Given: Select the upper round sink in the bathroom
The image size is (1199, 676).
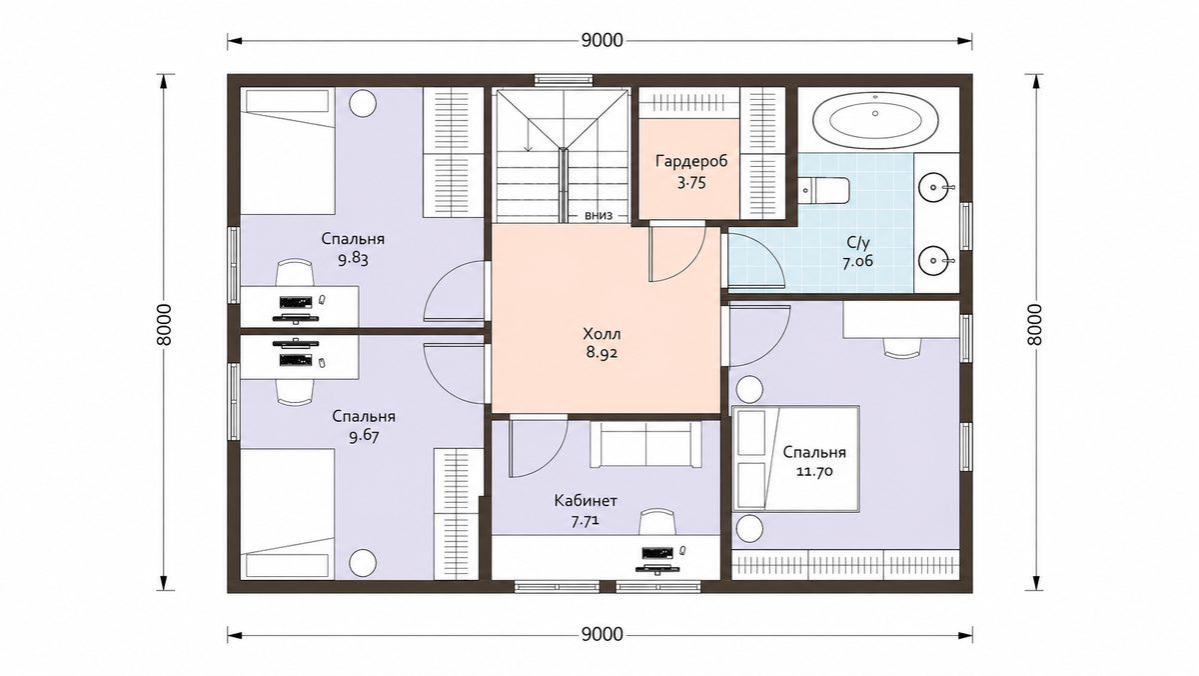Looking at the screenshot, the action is pyautogui.click(x=933, y=187).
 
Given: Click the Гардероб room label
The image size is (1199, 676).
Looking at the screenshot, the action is pyautogui.click(x=691, y=161).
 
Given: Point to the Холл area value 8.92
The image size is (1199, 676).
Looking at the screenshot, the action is pyautogui.click(x=601, y=353).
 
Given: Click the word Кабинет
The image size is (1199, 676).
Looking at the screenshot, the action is pyautogui.click(x=586, y=501).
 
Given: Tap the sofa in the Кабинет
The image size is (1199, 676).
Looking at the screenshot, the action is pyautogui.click(x=645, y=444).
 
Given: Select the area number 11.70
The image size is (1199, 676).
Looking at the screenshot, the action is pyautogui.click(x=814, y=472).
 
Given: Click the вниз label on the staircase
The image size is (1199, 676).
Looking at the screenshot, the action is pyautogui.click(x=599, y=215).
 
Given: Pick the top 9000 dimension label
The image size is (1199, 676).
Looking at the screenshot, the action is pyautogui.click(x=602, y=41).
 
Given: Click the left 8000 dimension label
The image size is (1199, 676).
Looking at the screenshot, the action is pyautogui.click(x=165, y=325).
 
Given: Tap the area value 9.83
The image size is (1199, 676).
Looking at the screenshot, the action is pyautogui.click(x=353, y=260).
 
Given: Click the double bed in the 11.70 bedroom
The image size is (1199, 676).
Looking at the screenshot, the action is pyautogui.click(x=795, y=459).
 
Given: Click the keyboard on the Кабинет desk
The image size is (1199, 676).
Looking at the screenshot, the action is pyautogui.click(x=656, y=552).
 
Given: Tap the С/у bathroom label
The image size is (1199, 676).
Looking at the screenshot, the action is pyautogui.click(x=858, y=243).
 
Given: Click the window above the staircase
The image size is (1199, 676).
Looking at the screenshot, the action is pyautogui.click(x=564, y=80).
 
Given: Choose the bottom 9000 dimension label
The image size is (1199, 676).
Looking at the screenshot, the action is pyautogui.click(x=602, y=635).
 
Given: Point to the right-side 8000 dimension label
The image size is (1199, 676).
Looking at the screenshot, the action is pyautogui.click(x=1035, y=325).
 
